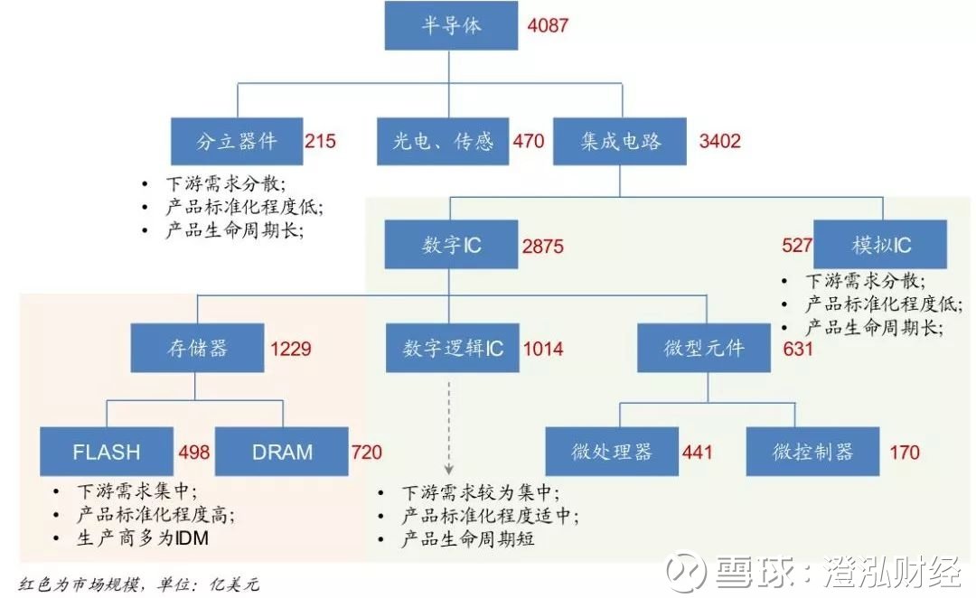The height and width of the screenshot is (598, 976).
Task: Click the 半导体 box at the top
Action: [451, 25]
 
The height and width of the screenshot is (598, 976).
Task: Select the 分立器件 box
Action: [237, 141]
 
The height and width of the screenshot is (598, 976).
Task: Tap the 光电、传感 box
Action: [443, 141]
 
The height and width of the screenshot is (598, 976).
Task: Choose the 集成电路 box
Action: [620, 141]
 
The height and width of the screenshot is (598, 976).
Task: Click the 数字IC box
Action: [451, 245]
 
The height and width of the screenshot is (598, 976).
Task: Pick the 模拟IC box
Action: [880, 245]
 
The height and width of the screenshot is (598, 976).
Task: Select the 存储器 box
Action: [197, 348]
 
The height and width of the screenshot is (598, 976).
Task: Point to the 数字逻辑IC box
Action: [453, 348]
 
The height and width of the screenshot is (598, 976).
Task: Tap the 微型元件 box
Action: [704, 348]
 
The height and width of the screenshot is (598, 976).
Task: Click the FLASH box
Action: [107, 452]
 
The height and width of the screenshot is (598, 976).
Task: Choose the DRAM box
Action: [282, 452]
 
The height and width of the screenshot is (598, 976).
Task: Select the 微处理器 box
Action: [612, 452]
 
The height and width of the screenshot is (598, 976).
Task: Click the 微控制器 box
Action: [813, 452]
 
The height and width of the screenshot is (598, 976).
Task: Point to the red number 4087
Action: [548, 25]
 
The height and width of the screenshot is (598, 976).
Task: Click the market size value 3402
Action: [719, 141]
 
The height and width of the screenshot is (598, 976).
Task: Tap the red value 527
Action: [797, 245]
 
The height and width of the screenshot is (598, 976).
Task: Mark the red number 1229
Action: [291, 349]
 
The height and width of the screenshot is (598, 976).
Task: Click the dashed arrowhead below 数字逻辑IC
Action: [449, 469]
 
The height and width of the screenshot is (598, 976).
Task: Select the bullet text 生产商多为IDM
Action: [143, 537]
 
